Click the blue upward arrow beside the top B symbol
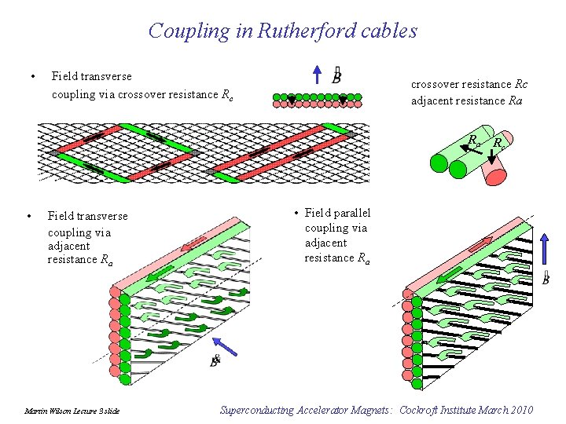pos(316,75)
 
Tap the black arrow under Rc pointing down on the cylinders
pos(492,156)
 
